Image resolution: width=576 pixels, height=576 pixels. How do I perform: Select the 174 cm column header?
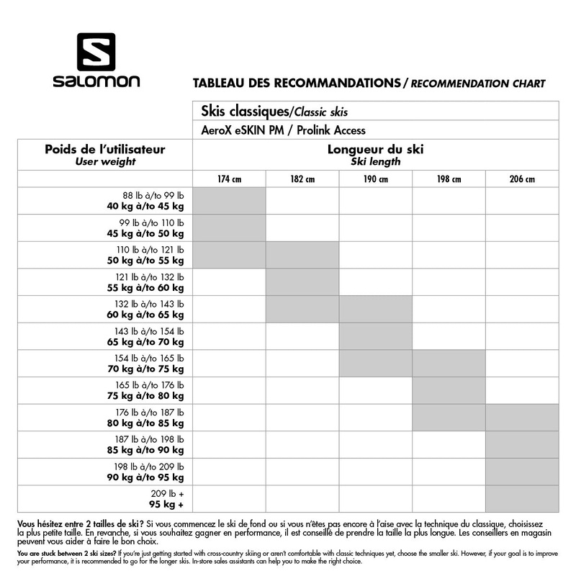(x=229, y=179)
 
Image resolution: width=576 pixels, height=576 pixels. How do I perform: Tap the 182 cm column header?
(x=302, y=179)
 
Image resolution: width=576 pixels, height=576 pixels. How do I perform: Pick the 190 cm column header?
(x=375, y=179)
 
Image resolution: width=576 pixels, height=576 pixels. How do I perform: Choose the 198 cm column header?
(x=449, y=179)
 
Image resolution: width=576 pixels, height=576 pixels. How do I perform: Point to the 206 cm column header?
(x=522, y=179)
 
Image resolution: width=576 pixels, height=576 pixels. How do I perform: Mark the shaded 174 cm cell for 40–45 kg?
(x=229, y=201)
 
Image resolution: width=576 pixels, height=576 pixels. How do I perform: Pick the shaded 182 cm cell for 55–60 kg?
(x=302, y=282)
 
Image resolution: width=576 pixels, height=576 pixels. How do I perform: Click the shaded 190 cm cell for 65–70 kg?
(x=375, y=336)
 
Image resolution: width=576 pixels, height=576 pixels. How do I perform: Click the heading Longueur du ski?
(x=375, y=150)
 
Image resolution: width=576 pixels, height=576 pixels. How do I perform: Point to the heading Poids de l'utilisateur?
(x=105, y=150)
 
